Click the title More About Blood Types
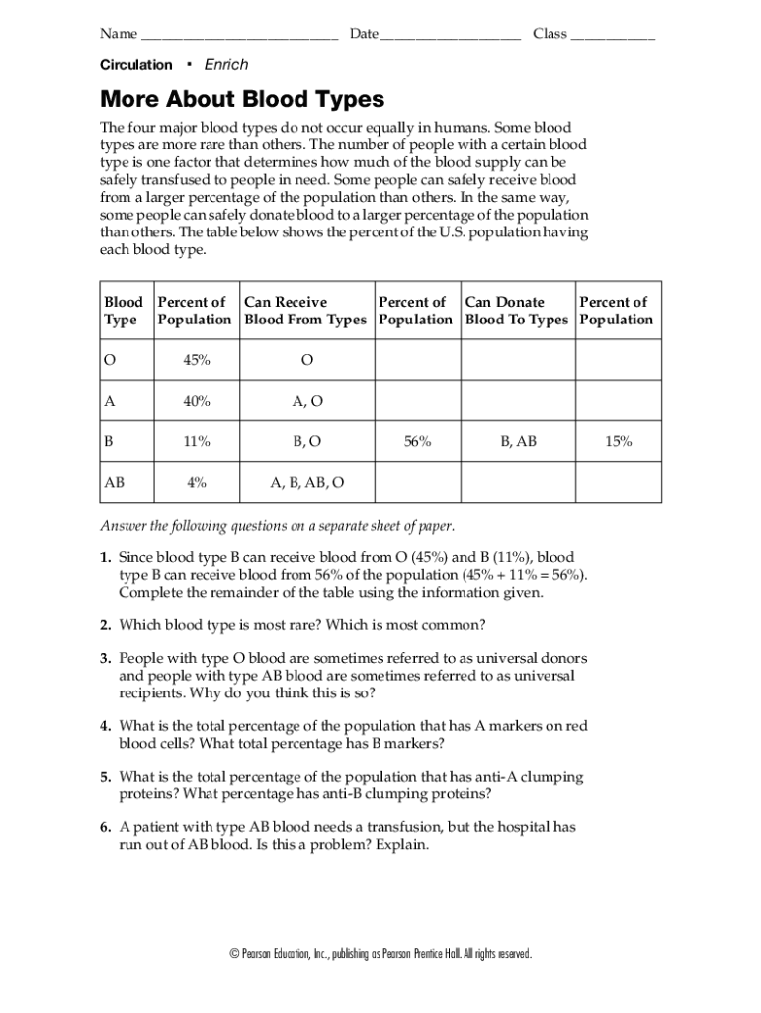pyautogui.click(x=241, y=100)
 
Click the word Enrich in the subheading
pyautogui.click(x=225, y=65)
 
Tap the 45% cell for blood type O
pyautogui.click(x=196, y=361)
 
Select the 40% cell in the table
pyautogui.click(x=196, y=402)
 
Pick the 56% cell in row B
pyautogui.click(x=417, y=442)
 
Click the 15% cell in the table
pyautogui.click(x=619, y=442)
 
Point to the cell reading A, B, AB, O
pyautogui.click(x=307, y=483)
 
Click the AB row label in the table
pyautogui.click(x=115, y=483)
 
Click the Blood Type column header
pyautogui.click(x=124, y=311)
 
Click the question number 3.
pyautogui.click(x=104, y=658)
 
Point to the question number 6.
pyautogui.click(x=104, y=826)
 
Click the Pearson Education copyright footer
pyautogui.click(x=380, y=954)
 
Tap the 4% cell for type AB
pyautogui.click(x=196, y=483)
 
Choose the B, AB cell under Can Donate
pyautogui.click(x=518, y=442)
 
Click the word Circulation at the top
pyautogui.click(x=135, y=65)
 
